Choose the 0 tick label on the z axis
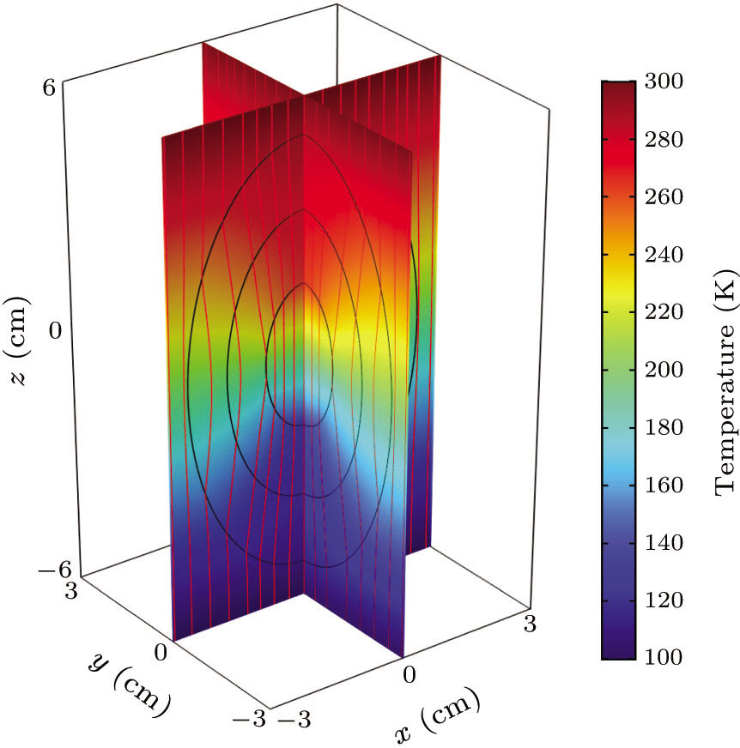[56, 331]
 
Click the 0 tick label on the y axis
[160, 653]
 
